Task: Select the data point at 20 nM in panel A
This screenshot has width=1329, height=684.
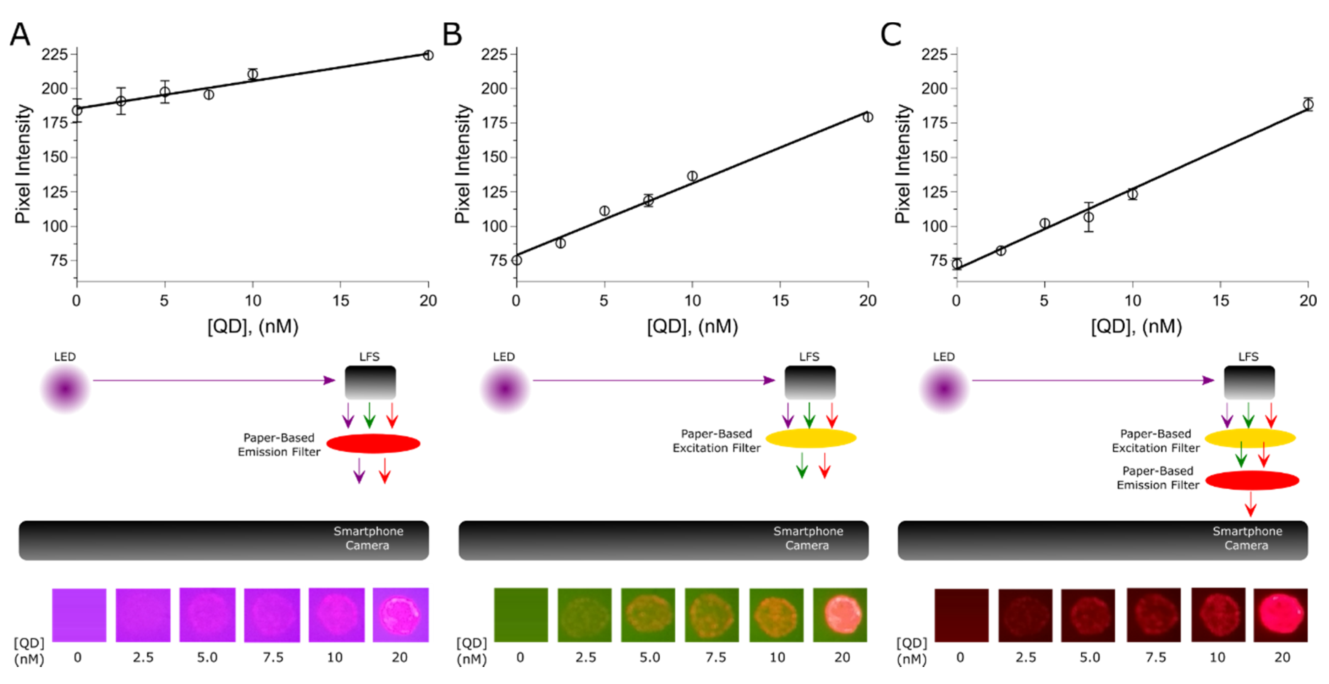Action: tap(428, 55)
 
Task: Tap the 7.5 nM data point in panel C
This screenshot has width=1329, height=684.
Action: tap(1088, 217)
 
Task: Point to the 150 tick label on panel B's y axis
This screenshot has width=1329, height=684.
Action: tap(494, 157)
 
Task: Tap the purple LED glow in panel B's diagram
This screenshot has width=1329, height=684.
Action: tap(505, 388)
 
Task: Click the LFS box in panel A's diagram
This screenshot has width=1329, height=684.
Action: tap(370, 382)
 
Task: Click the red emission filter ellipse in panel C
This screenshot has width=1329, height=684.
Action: tap(1252, 480)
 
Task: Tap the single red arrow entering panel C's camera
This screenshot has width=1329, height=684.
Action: tap(1250, 504)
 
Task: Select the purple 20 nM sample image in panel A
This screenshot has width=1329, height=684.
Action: tap(400, 615)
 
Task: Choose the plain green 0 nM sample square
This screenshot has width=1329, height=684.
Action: tap(521, 615)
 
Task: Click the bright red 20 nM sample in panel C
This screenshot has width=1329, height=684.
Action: tap(1280, 615)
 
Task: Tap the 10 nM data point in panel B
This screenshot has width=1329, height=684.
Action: tap(692, 176)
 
